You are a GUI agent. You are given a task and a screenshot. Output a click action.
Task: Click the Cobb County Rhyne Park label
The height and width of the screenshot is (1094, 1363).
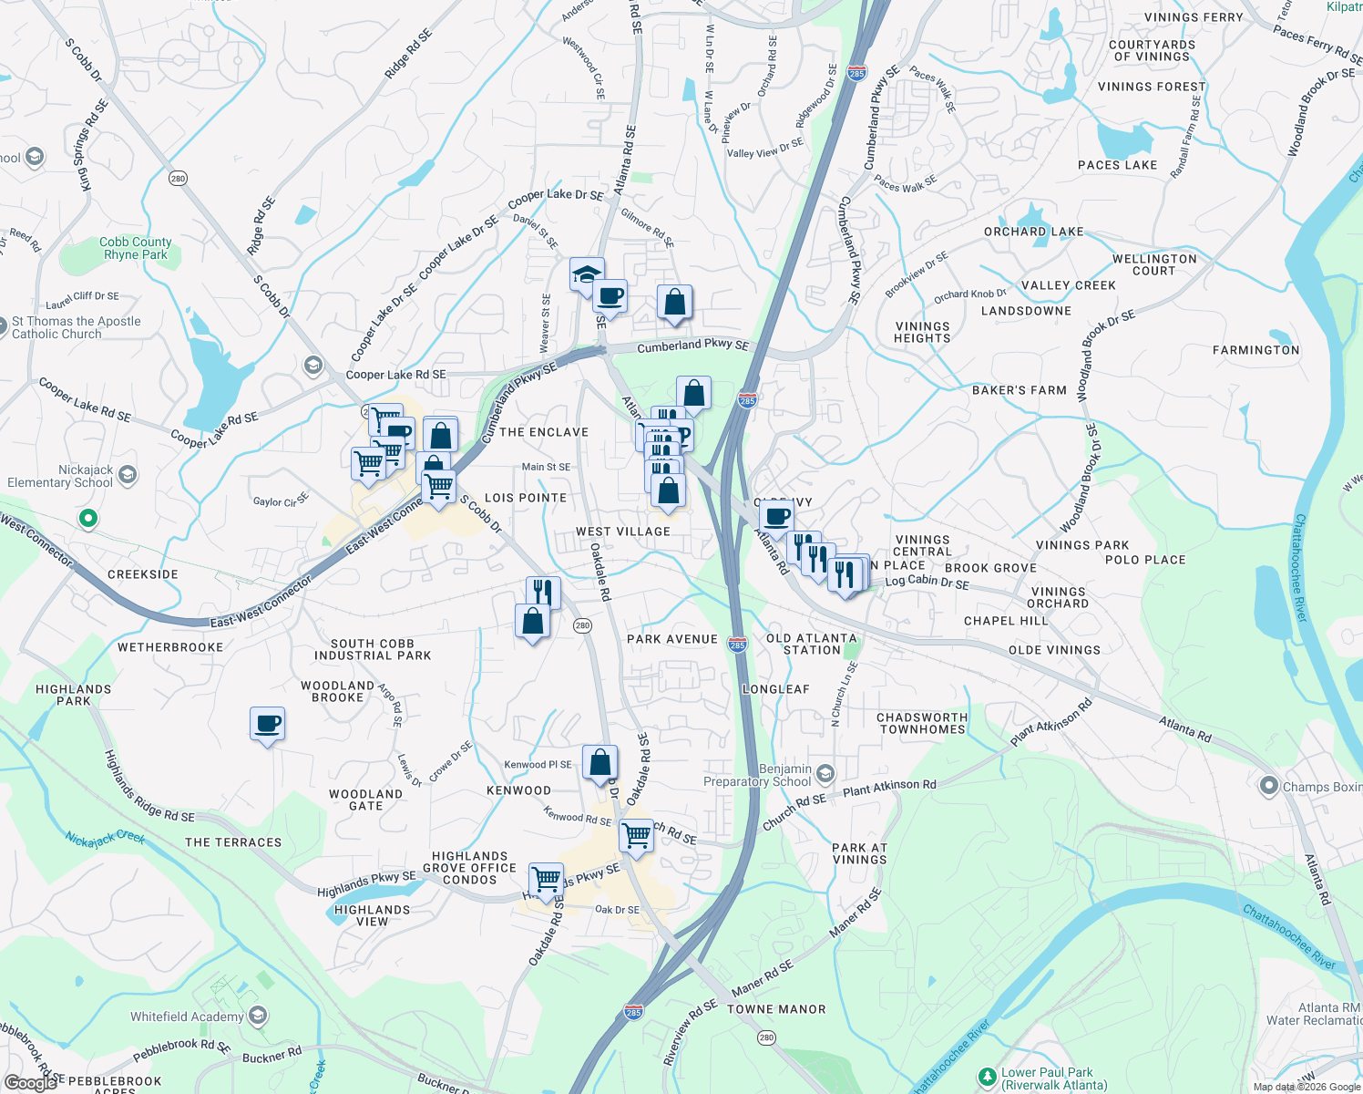click(x=135, y=248)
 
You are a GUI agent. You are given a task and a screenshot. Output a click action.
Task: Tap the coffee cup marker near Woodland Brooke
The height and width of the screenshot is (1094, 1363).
click(x=268, y=724)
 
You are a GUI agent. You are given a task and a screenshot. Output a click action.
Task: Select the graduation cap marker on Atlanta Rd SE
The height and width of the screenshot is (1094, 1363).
click(x=586, y=273)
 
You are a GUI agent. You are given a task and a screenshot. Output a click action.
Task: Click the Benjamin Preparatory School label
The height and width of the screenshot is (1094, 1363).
click(x=758, y=775)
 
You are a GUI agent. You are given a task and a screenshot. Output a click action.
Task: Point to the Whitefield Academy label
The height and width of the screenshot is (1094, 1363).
click(x=187, y=1017)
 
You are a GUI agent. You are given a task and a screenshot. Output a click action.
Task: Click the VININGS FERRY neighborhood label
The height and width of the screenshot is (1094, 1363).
click(x=1194, y=17)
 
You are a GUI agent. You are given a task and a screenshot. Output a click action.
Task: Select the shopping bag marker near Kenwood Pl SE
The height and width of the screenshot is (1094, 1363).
click(x=600, y=762)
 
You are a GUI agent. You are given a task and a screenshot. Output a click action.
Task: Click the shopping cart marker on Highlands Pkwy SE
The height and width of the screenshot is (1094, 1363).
click(x=546, y=879)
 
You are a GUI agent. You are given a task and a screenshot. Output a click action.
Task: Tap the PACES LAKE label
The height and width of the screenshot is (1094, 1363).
click(x=1117, y=165)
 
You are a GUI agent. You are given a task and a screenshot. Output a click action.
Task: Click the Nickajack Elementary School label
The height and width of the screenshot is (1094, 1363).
click(x=60, y=476)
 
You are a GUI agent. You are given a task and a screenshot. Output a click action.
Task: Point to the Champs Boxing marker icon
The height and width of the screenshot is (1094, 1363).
click(x=1268, y=785)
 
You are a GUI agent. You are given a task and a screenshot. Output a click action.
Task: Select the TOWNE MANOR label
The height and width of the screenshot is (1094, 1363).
click(x=776, y=1009)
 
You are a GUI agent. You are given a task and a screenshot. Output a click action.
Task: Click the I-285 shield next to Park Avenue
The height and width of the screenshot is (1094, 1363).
click(x=737, y=645)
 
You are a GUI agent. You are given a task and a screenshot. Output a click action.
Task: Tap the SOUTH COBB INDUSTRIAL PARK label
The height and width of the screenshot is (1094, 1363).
click(x=373, y=649)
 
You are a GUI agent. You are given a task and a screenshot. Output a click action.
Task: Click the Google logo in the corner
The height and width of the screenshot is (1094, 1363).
click(x=30, y=1082)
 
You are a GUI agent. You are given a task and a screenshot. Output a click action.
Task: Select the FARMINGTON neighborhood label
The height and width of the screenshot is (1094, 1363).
click(x=1255, y=350)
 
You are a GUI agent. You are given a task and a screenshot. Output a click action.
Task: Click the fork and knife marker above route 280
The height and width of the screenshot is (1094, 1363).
click(x=542, y=593)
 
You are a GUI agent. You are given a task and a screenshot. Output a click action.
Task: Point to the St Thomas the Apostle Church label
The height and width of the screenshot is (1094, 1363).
click(x=77, y=327)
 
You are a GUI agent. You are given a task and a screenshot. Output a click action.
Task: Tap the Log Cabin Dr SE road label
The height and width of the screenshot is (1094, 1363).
click(x=927, y=582)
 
